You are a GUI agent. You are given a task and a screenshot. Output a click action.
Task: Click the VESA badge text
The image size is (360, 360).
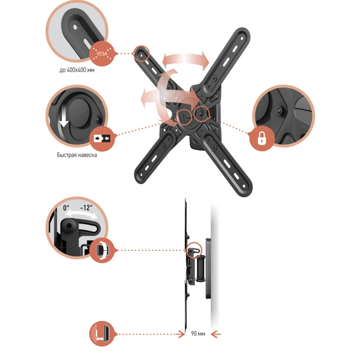[x=102, y=54]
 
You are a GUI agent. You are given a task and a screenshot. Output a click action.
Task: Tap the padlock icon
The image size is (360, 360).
[x=262, y=138]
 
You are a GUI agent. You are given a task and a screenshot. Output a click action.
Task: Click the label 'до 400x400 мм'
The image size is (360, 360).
[x=77, y=70]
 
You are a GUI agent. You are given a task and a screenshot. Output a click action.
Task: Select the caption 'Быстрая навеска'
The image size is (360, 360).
[x=77, y=155]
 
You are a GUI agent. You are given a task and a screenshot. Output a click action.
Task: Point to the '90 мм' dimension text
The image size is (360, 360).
[x=198, y=334]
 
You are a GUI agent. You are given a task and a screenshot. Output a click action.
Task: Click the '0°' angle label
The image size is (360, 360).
[x=66, y=208]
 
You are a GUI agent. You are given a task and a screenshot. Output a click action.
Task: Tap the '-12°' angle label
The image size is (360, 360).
[x=86, y=208]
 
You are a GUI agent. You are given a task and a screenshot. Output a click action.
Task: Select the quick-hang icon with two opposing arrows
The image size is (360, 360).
[x=102, y=139]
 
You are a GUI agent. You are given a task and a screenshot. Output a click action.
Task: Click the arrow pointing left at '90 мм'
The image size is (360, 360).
[x=216, y=334]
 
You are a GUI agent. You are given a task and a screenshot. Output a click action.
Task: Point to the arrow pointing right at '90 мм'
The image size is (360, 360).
[x=180, y=334]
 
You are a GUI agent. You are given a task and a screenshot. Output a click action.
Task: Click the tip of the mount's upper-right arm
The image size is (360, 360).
[x=244, y=32]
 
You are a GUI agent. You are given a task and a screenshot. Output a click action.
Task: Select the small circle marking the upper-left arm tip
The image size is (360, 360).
[x=141, y=53]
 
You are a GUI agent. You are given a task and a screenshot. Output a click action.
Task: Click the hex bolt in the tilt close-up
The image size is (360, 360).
[x=68, y=226]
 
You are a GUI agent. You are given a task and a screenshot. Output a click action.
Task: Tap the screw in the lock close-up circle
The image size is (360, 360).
[x=278, y=110]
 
